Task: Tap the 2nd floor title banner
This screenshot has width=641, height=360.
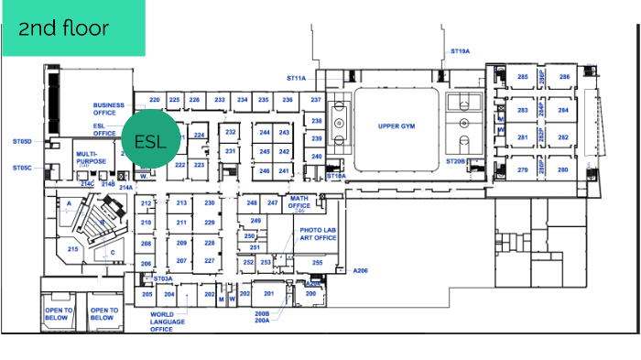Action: [72, 27]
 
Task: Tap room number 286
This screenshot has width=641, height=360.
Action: [565, 77]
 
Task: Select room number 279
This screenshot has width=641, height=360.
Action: [523, 169]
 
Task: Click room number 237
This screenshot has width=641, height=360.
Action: [316, 99]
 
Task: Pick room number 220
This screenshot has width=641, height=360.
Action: [155, 99]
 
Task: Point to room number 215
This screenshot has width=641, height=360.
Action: [73, 248]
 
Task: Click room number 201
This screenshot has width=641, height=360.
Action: [269, 293]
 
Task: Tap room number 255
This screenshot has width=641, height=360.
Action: [317, 263]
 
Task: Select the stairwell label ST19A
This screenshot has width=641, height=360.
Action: [460, 51]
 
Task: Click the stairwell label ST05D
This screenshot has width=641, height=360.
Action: [22, 142]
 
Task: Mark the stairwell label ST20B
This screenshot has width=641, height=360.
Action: [456, 161]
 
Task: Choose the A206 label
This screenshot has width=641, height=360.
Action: [361, 271]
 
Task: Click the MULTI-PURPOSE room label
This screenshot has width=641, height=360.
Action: [92, 157]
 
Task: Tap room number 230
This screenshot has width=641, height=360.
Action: [210, 202]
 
